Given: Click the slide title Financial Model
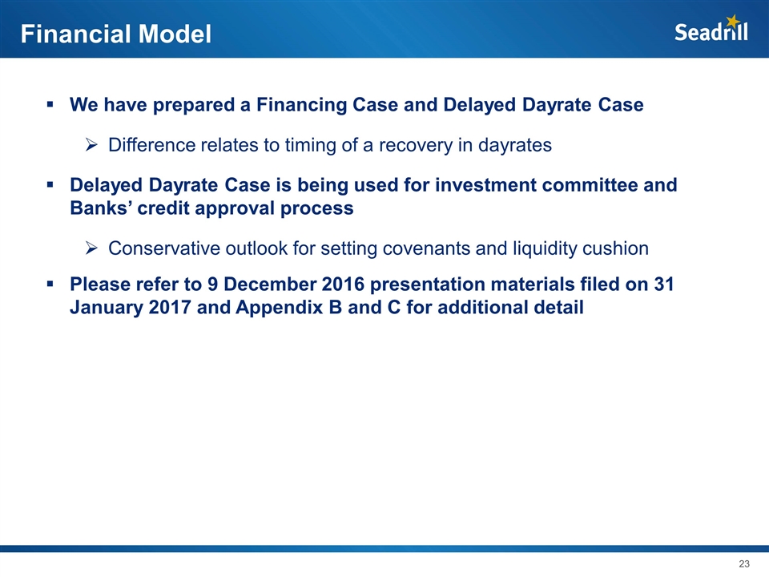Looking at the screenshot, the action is [115, 34].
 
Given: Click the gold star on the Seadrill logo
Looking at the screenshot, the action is [733, 21].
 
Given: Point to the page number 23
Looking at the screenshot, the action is [744, 563].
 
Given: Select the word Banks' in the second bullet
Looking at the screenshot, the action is [101, 208].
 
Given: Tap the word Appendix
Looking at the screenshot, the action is [283, 308].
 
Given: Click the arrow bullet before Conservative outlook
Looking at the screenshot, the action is [91, 248].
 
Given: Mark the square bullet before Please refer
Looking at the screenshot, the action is [50, 284].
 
